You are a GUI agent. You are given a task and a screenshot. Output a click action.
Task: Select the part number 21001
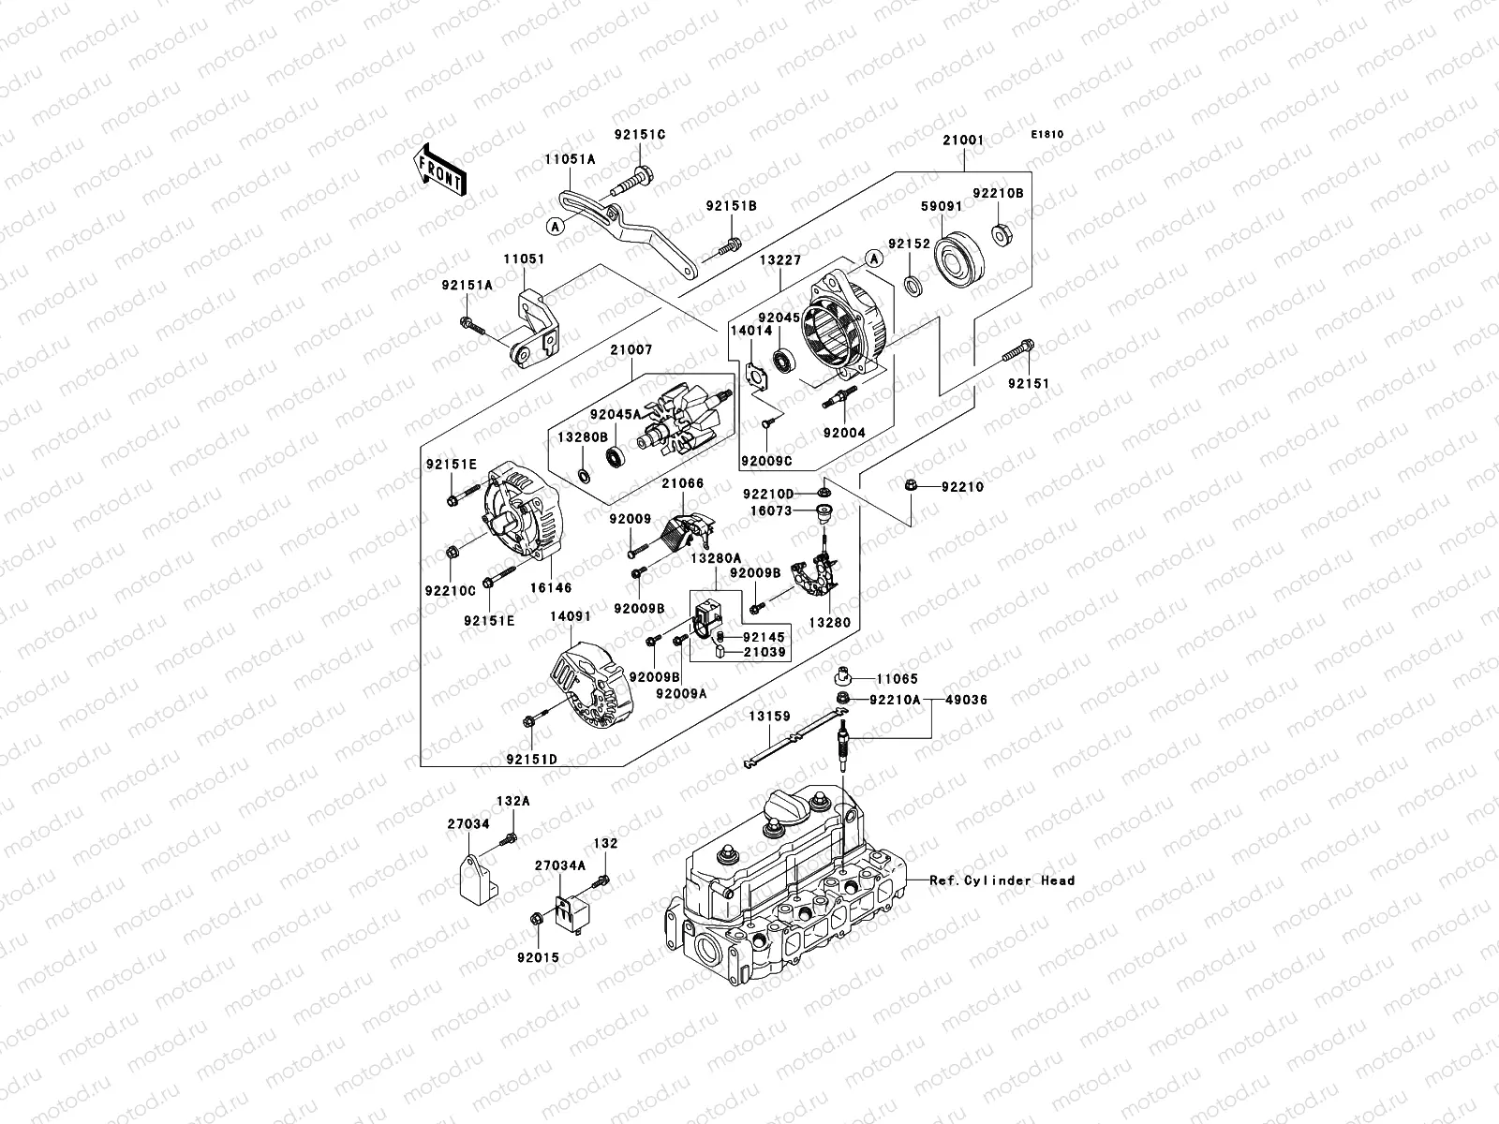pyautogui.click(x=963, y=140)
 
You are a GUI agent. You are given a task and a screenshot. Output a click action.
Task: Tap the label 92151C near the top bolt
pyautogui.click(x=640, y=135)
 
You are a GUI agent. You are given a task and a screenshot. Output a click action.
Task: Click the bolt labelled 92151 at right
pyautogui.click(x=1018, y=353)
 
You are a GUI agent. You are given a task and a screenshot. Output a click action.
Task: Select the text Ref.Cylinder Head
pyautogui.click(x=1002, y=880)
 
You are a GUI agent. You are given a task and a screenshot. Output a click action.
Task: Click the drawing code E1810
pyautogui.click(x=1047, y=135)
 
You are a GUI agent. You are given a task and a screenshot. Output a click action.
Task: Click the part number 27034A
pyautogui.click(x=560, y=865)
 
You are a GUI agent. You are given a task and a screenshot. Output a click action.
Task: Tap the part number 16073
pyautogui.click(x=771, y=511)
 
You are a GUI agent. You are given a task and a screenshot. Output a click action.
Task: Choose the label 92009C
pyautogui.click(x=765, y=461)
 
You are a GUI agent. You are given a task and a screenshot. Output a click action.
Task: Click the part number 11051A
pyautogui.click(x=571, y=160)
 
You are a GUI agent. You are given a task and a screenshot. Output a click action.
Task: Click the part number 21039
pyautogui.click(x=764, y=652)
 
